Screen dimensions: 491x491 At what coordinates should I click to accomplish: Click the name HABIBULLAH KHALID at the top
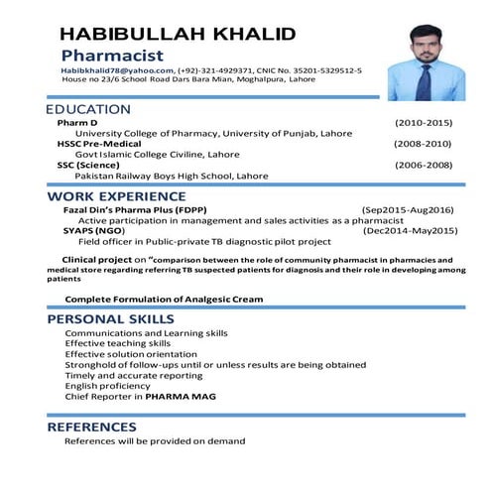point(178,34)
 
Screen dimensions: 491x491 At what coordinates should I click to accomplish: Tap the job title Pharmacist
point(112,56)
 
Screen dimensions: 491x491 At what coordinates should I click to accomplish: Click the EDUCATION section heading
point(89,108)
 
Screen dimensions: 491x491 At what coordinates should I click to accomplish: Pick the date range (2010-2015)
point(423,122)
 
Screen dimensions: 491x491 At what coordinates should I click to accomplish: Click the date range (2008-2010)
point(423,143)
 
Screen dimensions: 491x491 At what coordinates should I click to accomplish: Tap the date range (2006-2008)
point(423,164)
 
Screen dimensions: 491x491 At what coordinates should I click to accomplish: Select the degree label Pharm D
point(77,122)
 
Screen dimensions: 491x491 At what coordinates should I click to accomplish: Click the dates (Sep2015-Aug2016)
point(407,209)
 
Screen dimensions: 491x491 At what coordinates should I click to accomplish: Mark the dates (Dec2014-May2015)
point(410,230)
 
